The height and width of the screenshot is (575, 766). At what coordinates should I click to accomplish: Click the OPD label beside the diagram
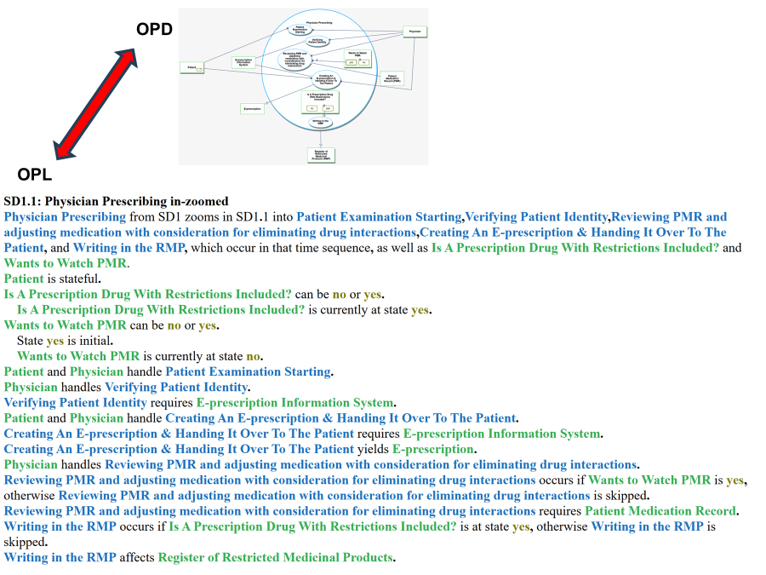coord(154,30)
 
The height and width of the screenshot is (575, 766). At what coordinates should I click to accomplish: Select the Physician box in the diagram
coord(414,32)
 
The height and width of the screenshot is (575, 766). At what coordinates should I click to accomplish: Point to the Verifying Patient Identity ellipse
coord(317,41)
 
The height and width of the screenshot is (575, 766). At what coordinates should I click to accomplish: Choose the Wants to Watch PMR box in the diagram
coord(357,58)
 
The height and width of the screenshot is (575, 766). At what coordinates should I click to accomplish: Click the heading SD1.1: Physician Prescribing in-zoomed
coord(117,202)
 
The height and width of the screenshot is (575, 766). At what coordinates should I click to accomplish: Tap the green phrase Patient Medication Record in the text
coord(660,511)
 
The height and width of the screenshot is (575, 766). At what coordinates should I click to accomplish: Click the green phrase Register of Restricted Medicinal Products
coord(275,558)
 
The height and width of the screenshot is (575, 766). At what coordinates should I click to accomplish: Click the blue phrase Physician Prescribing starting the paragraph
coord(65,217)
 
